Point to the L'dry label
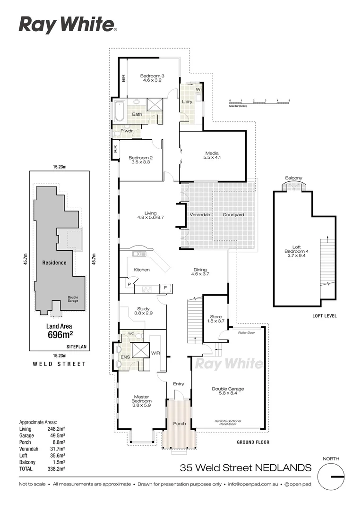point(187,102)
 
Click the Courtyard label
point(233,215)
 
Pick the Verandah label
point(200,215)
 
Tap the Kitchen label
point(141,270)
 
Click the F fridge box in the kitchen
point(165,287)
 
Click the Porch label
point(179,423)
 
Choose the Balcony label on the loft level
point(293,178)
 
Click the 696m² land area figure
point(60,335)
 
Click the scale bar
point(259,101)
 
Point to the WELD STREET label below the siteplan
point(59,364)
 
